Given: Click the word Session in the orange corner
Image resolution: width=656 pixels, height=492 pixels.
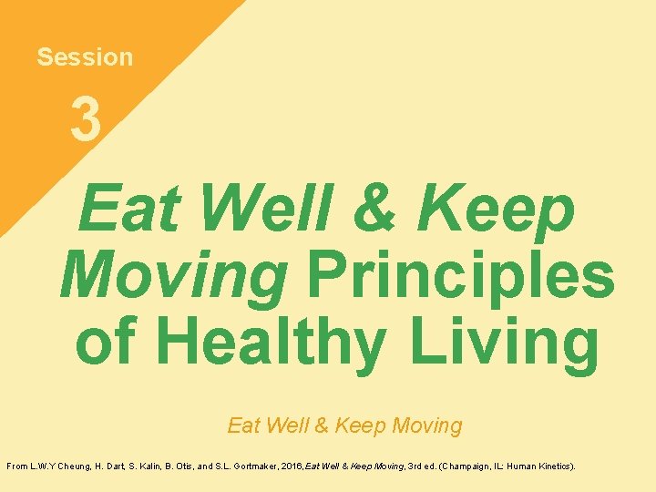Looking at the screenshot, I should click(x=85, y=57).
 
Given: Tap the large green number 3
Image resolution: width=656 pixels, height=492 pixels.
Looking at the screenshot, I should click(x=86, y=121).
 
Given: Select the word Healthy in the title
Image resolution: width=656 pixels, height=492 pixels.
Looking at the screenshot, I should click(x=277, y=343).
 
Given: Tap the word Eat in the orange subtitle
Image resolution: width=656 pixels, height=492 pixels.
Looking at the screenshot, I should click(x=244, y=425).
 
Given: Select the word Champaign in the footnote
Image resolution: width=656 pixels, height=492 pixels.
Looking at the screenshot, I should click(x=472, y=466).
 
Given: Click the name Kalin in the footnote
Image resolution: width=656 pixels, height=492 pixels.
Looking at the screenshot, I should click(x=154, y=466).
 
